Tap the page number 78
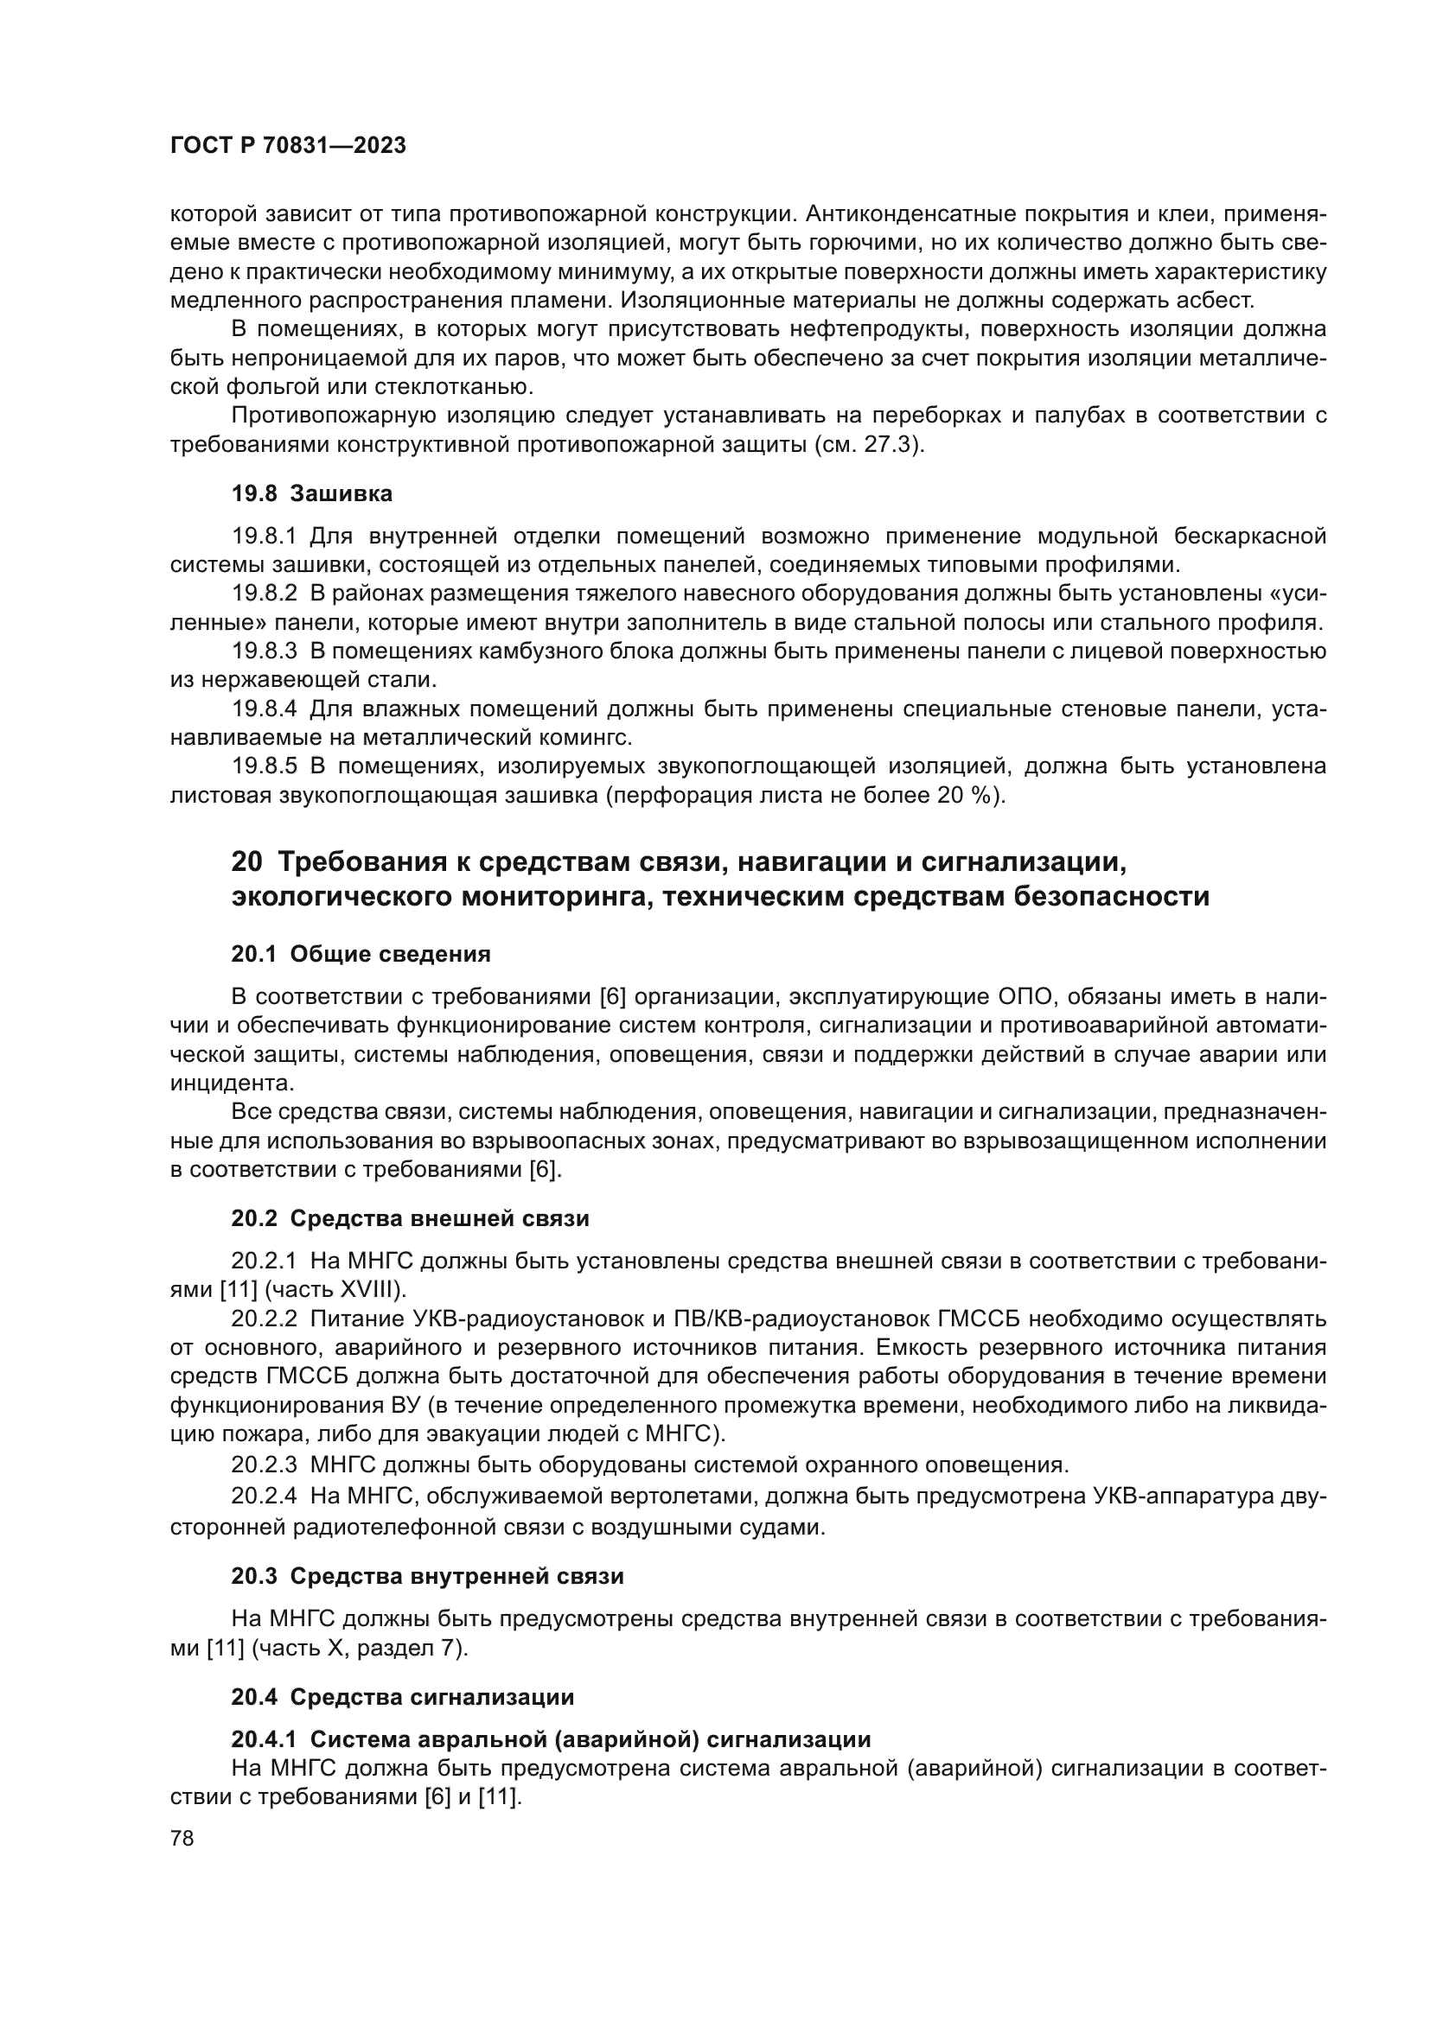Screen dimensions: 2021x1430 click(182, 1839)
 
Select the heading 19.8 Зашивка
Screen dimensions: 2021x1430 click(312, 494)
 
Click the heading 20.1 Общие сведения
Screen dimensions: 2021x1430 click(361, 954)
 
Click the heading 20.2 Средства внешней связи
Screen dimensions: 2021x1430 click(411, 1219)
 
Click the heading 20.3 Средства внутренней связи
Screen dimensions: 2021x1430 click(427, 1577)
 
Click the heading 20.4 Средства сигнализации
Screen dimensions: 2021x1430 click(402, 1696)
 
